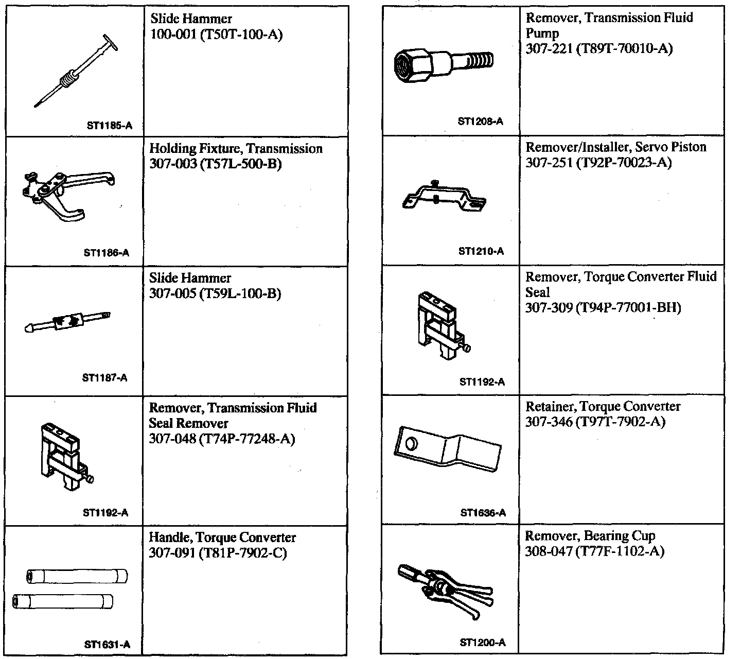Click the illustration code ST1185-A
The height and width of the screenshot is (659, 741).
click(x=109, y=125)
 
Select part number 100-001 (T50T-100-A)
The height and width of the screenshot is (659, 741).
click(x=216, y=34)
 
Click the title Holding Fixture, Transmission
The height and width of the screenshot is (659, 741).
click(x=236, y=149)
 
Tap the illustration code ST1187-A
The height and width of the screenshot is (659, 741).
click(x=104, y=378)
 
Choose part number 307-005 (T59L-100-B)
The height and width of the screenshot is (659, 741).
click(x=215, y=294)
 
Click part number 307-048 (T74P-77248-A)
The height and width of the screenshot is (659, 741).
click(x=222, y=439)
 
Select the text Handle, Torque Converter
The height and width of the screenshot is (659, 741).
click(x=222, y=537)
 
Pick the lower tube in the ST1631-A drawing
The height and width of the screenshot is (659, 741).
click(x=63, y=601)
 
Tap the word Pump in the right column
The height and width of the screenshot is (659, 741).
click(x=542, y=33)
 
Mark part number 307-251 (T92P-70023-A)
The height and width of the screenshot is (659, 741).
click(x=598, y=163)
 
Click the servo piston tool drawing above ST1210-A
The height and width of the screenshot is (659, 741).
click(x=444, y=198)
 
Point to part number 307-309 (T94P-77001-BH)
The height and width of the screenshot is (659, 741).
click(x=603, y=308)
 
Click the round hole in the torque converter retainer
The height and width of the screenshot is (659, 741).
click(x=412, y=443)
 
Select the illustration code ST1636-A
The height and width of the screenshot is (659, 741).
click(x=483, y=513)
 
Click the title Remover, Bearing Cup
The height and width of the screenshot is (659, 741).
click(x=590, y=536)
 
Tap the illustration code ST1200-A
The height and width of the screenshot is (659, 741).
click(x=482, y=643)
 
